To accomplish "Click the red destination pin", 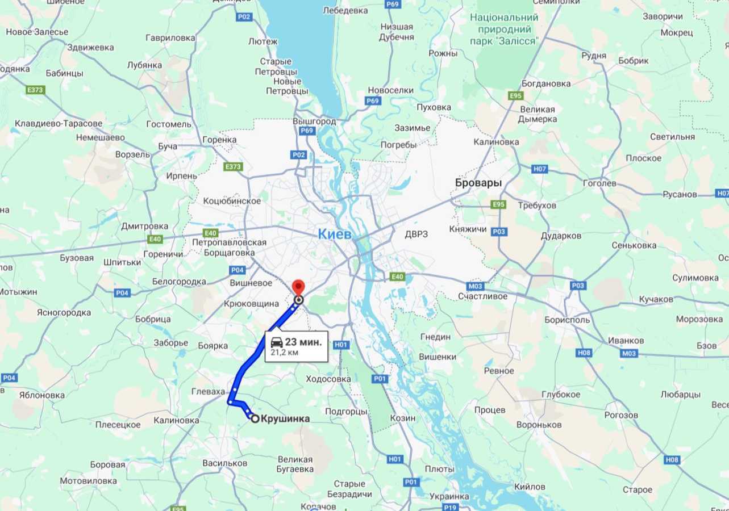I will (x=298, y=287).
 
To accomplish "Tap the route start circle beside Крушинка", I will (x=255, y=418).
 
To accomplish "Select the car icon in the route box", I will (x=277, y=342).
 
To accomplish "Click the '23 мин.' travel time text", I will (x=303, y=342).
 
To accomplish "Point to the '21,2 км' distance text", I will (x=285, y=353).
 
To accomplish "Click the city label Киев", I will (x=335, y=234).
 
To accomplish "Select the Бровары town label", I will (x=478, y=183).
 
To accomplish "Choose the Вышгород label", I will (x=314, y=122).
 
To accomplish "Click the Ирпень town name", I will (x=182, y=176).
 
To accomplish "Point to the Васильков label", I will (x=224, y=463).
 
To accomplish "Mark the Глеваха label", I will (x=208, y=392).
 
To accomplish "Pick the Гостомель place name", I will (x=169, y=124).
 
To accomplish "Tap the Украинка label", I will (x=449, y=496).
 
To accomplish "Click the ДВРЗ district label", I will (x=416, y=234).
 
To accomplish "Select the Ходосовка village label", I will (x=328, y=379).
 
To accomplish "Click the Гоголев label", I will (x=599, y=183).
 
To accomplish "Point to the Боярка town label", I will (x=213, y=346).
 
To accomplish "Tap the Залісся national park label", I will (x=504, y=29).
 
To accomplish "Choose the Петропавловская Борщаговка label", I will (x=229, y=248).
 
